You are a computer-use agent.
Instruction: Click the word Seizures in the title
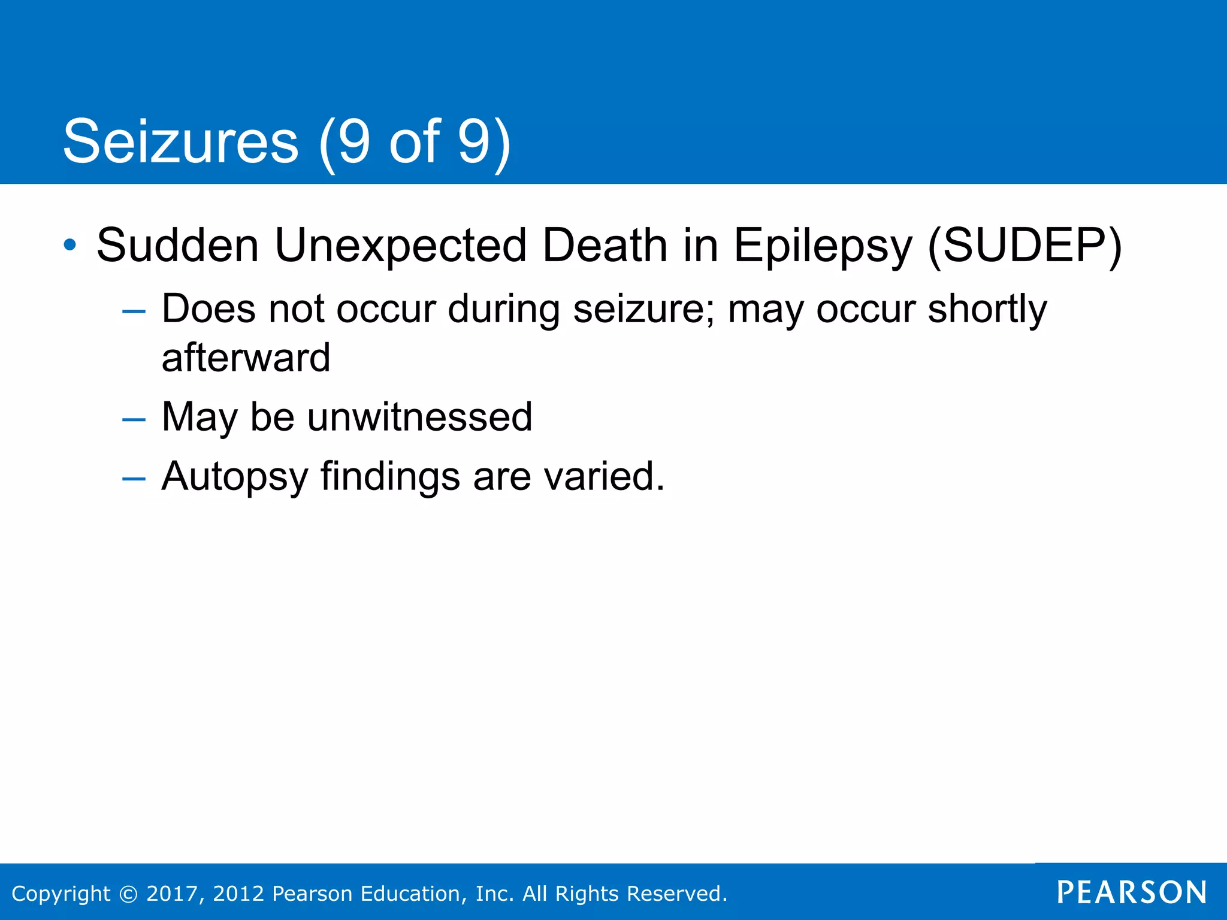(x=180, y=142)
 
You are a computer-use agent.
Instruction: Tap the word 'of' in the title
(x=415, y=142)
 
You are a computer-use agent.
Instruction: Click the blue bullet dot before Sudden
(x=70, y=244)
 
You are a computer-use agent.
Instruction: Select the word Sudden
(x=178, y=245)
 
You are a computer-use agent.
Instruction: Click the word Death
(x=605, y=245)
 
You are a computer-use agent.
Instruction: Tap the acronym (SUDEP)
(x=1024, y=246)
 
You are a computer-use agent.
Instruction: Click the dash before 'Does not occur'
(x=133, y=311)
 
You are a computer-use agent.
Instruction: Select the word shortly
(x=987, y=310)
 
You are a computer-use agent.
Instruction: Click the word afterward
(x=246, y=358)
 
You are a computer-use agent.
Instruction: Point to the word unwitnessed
(x=419, y=417)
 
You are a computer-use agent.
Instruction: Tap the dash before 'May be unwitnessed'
(x=133, y=419)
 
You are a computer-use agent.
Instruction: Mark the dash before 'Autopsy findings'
(x=133, y=479)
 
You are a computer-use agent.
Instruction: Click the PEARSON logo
(x=1132, y=892)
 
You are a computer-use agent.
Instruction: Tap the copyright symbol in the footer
(x=128, y=894)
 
